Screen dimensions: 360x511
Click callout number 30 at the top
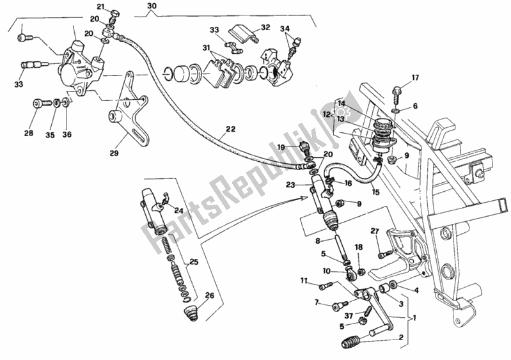(151, 7)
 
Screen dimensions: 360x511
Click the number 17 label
(414, 79)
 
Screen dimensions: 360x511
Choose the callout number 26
(208, 295)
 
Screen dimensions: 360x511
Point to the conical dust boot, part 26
(192, 313)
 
